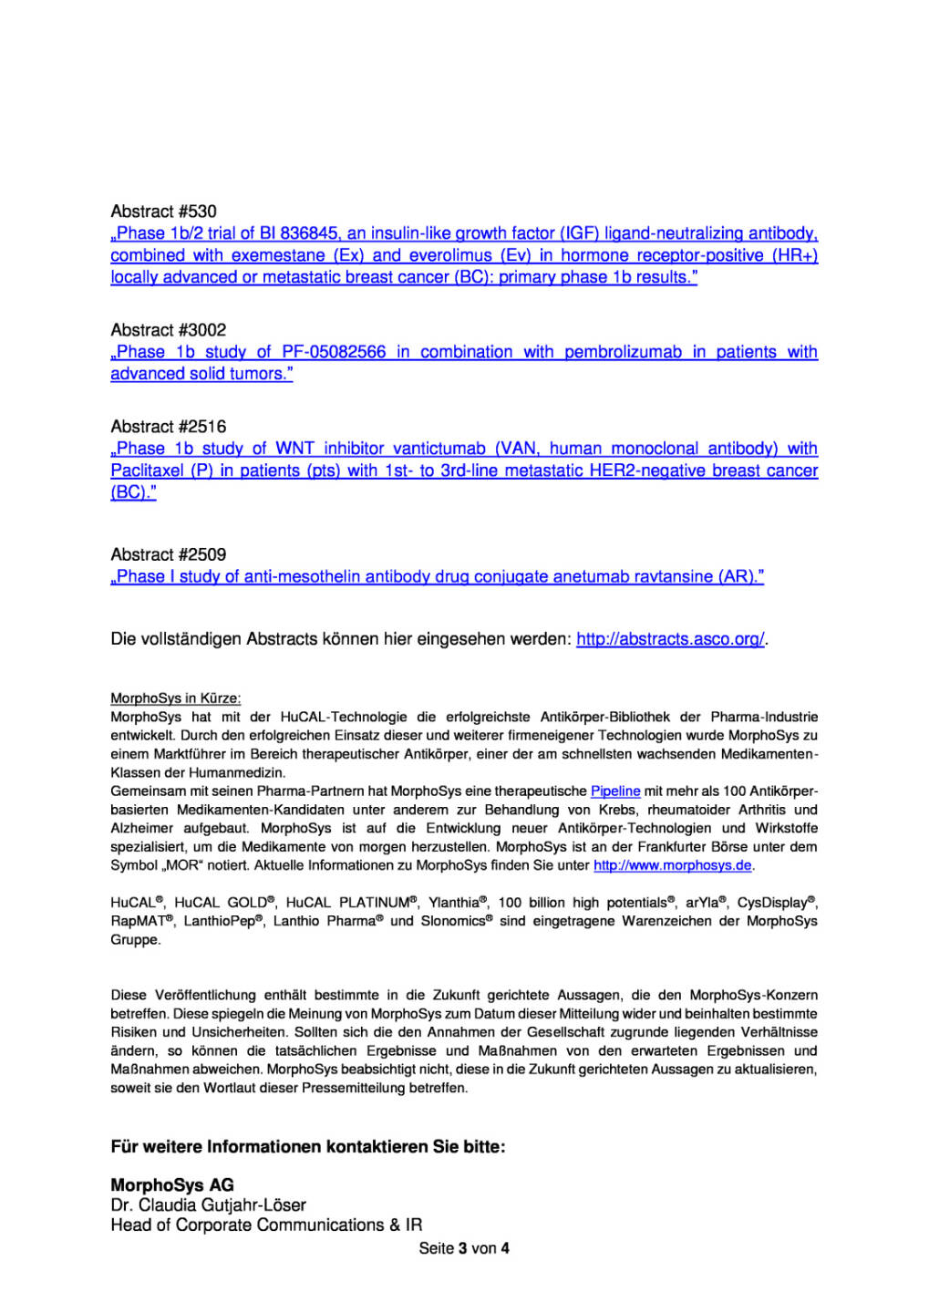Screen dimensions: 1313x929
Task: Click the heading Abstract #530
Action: pos(163,212)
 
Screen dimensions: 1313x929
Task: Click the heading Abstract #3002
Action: pos(168,330)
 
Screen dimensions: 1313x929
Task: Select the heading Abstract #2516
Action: pos(168,427)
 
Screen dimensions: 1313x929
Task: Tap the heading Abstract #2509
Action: pos(168,554)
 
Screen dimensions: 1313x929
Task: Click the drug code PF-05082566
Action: pos(334,352)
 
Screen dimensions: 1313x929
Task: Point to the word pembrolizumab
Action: pos(623,352)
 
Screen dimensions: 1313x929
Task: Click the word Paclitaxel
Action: pos(147,470)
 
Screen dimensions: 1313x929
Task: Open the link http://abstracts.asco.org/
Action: pos(670,639)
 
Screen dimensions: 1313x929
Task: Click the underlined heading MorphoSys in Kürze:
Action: pos(176,698)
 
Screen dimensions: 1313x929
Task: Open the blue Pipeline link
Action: pos(615,791)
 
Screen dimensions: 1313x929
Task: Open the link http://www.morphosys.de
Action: pos(673,865)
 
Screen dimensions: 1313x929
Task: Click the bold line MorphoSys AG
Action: pos(172,1185)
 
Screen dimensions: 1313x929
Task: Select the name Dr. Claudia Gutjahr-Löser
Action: pos(208,1205)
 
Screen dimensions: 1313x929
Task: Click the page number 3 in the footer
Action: pos(462,1248)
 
